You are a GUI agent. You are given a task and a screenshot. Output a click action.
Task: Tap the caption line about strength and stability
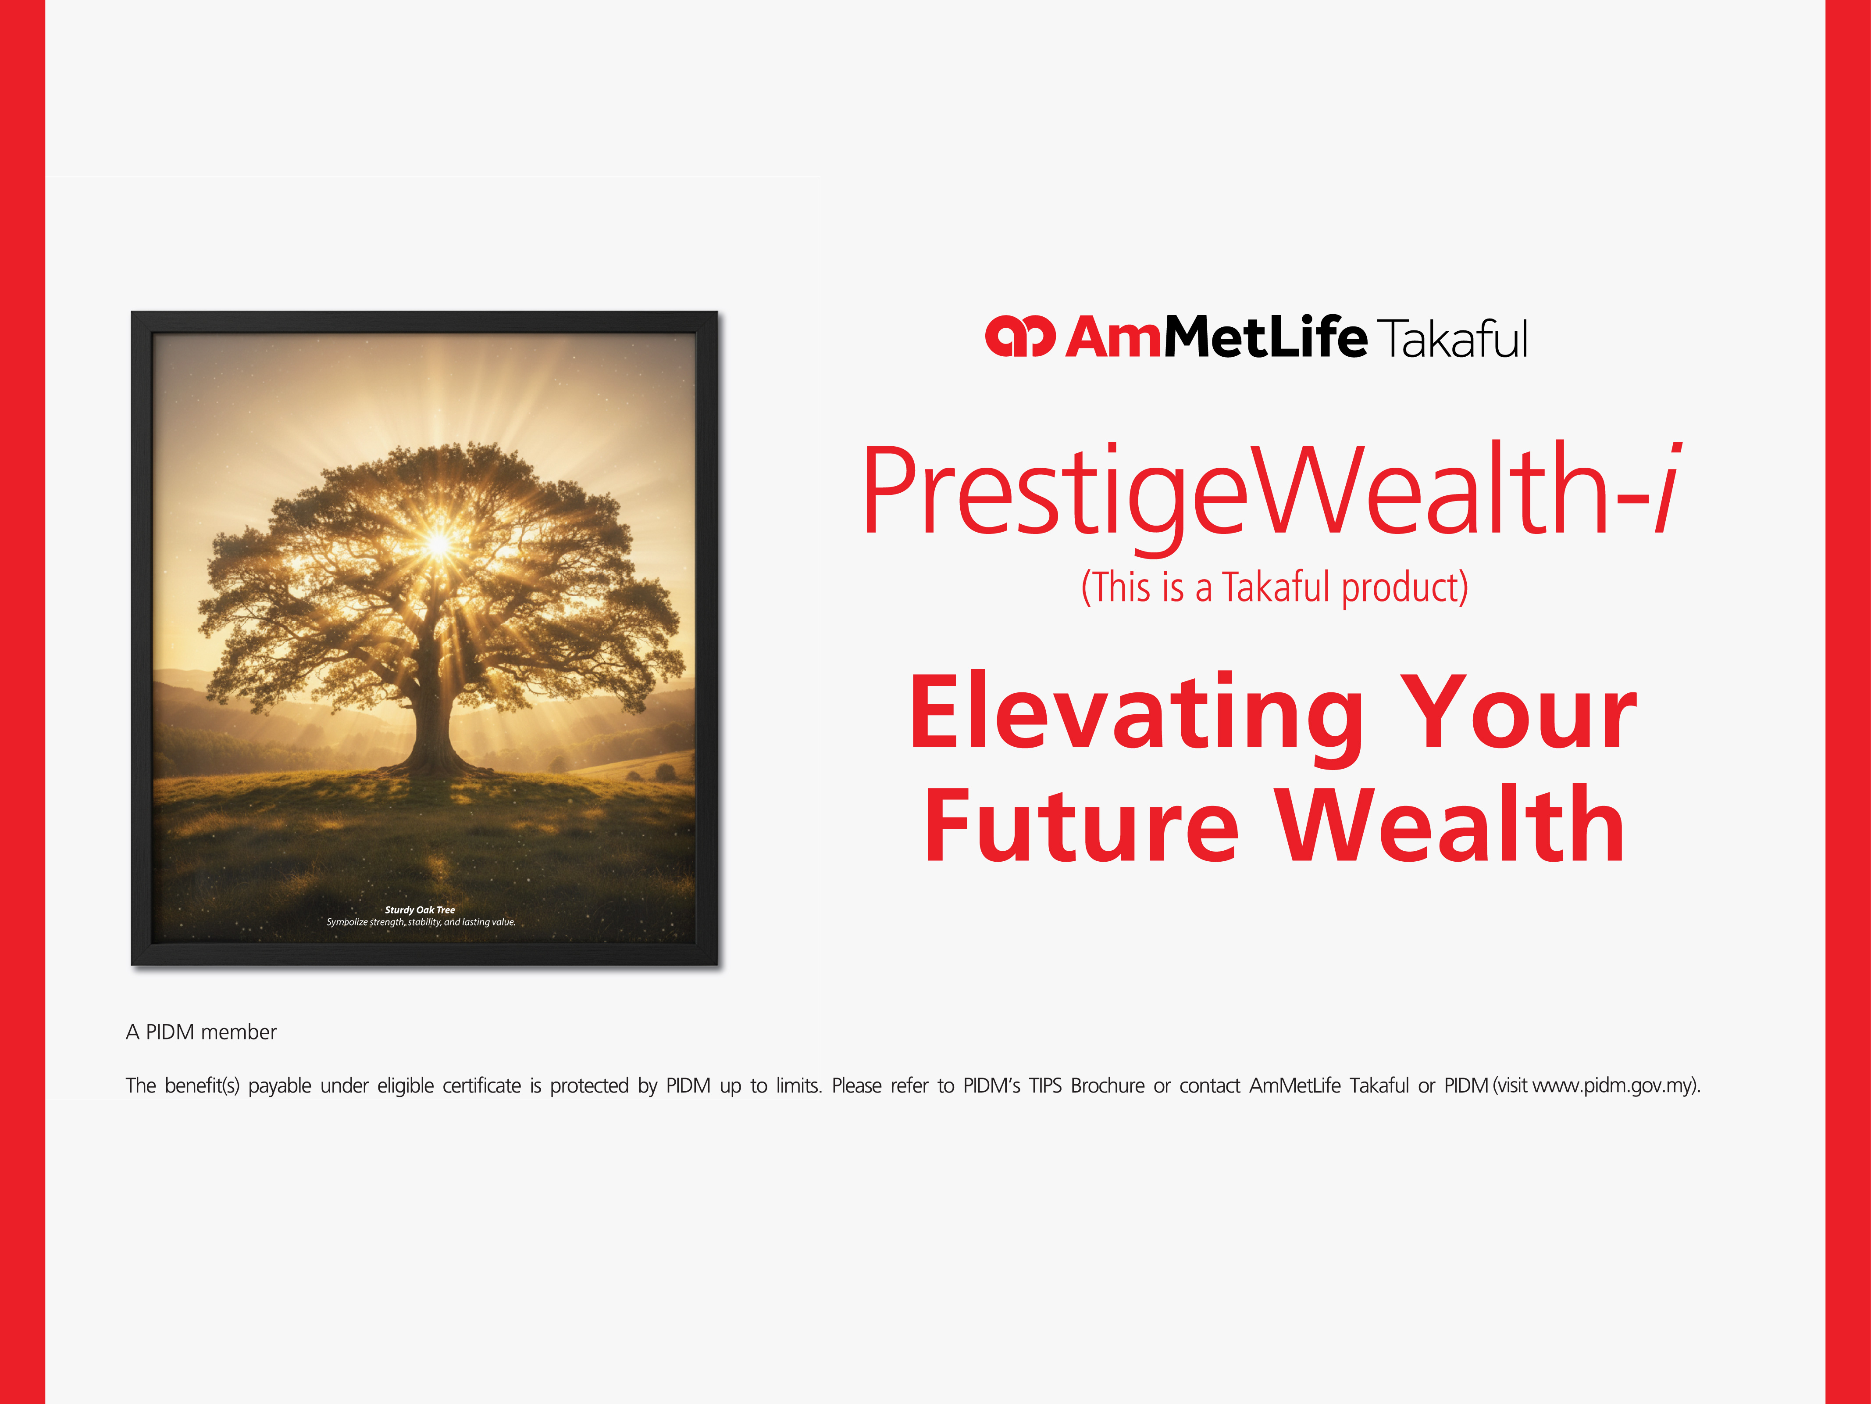tap(421, 922)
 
